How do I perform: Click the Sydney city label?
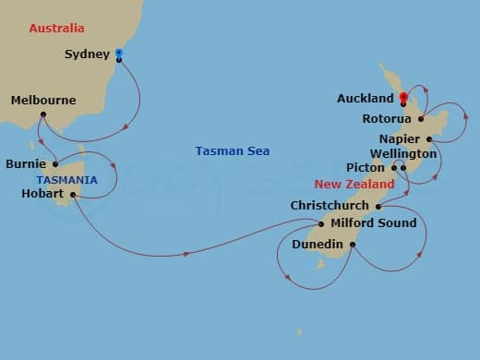pos(86,54)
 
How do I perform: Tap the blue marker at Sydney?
pos(118,54)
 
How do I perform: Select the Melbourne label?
pos(43,100)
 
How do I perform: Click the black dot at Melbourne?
pos(43,114)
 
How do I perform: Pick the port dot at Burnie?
pos(55,164)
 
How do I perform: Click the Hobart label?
pos(42,194)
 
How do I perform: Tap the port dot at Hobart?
pos(72,195)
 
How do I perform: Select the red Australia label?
pos(56,29)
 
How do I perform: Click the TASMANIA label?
pos(66,178)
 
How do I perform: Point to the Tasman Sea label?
pos(232,150)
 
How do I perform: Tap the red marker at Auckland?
pos(402,96)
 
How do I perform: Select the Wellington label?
pos(402,153)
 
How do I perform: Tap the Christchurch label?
pos(330,206)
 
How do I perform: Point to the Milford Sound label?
pos(373,222)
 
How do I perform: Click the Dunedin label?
pos(318,245)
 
